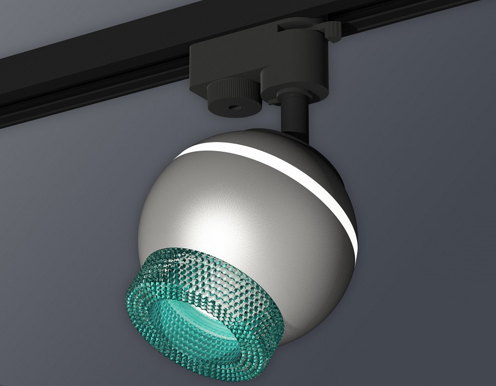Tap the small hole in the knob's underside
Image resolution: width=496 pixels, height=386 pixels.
[x=234, y=107]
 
